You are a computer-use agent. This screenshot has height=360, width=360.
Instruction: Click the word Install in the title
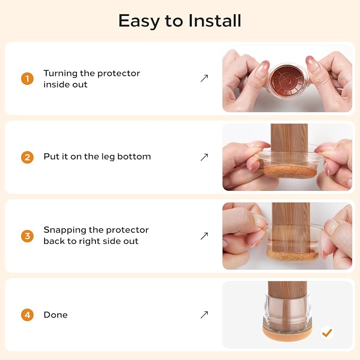pyautogui.click(x=215, y=21)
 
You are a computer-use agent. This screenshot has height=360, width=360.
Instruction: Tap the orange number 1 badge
pyautogui.click(x=28, y=79)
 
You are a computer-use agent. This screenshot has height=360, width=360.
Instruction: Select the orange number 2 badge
pyautogui.click(x=28, y=157)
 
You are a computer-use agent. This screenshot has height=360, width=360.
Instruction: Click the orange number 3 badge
pyautogui.click(x=28, y=236)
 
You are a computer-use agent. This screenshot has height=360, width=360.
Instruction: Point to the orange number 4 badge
pyautogui.click(x=28, y=315)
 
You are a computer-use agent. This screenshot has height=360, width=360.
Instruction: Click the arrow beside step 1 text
pyautogui.click(x=204, y=78)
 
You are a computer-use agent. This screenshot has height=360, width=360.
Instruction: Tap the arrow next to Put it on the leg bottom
pyautogui.click(x=204, y=157)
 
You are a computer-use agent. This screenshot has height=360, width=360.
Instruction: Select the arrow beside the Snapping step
pyautogui.click(x=204, y=236)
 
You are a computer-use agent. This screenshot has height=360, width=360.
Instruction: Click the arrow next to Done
pyautogui.click(x=204, y=315)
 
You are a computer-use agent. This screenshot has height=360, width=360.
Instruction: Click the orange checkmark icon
pyautogui.click(x=327, y=332)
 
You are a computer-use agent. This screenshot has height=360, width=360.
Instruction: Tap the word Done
pyautogui.click(x=56, y=315)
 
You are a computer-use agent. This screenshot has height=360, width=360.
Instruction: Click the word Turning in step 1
pyautogui.click(x=60, y=74)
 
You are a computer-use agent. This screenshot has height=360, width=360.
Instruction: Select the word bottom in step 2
pyautogui.click(x=134, y=156)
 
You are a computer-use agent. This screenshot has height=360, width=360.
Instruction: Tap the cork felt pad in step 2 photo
pyautogui.click(x=290, y=171)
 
